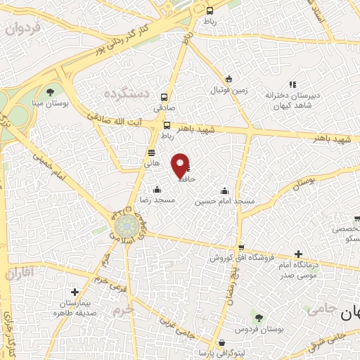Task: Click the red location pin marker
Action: pos(180,165)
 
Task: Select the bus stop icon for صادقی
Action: pos(165,97)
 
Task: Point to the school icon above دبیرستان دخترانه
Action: pos(292,84)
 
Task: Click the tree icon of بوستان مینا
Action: pos(50,91)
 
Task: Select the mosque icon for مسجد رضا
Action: pos(156,189)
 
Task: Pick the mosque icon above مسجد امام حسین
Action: pos(224,191)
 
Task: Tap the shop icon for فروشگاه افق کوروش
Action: pos(242,247)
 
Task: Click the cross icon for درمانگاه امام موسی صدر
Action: pos(298,254)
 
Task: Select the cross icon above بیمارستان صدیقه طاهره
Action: pos(75,292)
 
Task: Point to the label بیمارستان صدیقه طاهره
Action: pos(74,307)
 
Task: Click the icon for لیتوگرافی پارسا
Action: pos(222,342)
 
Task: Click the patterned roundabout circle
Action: pos(126,226)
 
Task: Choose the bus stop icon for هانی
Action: pos(151,153)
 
